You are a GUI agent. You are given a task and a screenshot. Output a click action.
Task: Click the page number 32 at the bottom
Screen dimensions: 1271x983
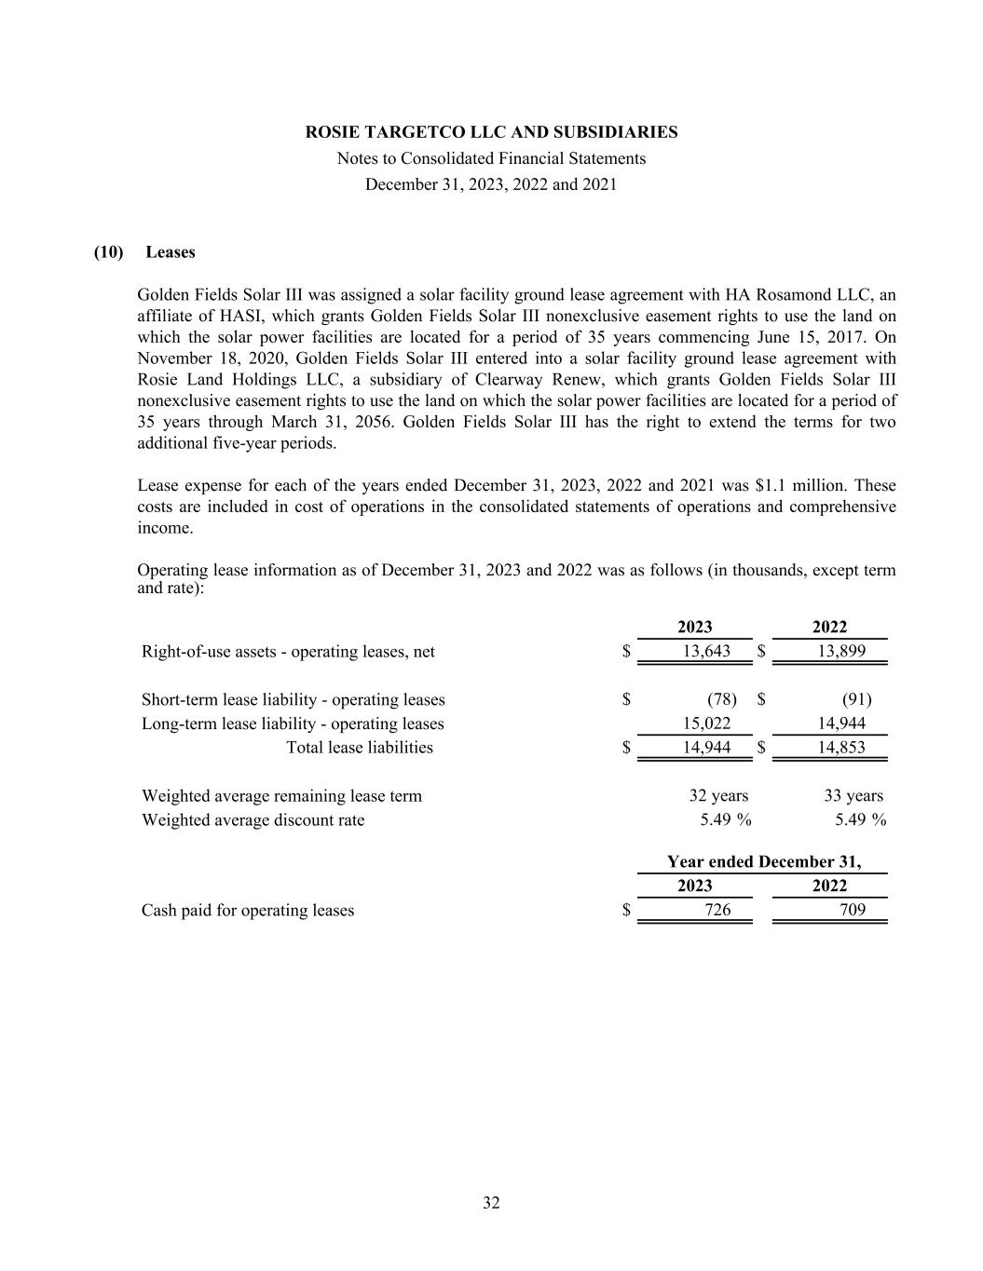pyautogui.click(x=491, y=1203)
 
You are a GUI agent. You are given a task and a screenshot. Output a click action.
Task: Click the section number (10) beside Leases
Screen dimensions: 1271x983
pyautogui.click(x=109, y=252)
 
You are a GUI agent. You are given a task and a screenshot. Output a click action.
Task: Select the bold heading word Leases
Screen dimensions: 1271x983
pyautogui.click(x=171, y=252)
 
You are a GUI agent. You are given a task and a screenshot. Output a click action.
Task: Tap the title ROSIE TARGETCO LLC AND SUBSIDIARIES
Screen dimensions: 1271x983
pyautogui.click(x=491, y=132)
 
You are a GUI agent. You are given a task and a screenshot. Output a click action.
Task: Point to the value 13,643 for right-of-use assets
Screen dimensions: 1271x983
pyautogui.click(x=706, y=652)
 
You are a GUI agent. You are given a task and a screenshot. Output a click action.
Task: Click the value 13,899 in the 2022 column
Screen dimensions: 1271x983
pyautogui.click(x=840, y=652)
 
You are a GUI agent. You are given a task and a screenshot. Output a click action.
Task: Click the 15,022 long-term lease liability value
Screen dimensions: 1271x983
pyautogui.click(x=706, y=723)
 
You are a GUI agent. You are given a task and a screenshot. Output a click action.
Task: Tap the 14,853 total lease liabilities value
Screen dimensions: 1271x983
pyautogui.click(x=840, y=748)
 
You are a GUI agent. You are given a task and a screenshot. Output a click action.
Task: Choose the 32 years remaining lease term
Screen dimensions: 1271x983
pyautogui.click(x=718, y=796)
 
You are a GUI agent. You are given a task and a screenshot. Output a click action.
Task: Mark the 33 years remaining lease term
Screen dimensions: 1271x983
pyautogui.click(x=853, y=796)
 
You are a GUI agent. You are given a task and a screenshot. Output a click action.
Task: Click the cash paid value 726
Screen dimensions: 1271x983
pyautogui.click(x=717, y=911)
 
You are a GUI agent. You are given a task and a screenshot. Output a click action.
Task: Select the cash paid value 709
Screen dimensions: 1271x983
pyautogui.click(x=852, y=911)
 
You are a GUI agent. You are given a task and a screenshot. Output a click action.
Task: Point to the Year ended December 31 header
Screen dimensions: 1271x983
pyautogui.click(x=764, y=862)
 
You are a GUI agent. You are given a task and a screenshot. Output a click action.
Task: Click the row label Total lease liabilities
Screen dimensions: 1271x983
pyautogui.click(x=359, y=748)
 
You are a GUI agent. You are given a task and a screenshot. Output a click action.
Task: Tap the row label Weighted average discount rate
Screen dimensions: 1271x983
pyautogui.click(x=253, y=820)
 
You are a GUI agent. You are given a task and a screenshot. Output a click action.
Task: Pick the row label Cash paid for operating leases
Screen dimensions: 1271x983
pyautogui.click(x=248, y=911)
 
